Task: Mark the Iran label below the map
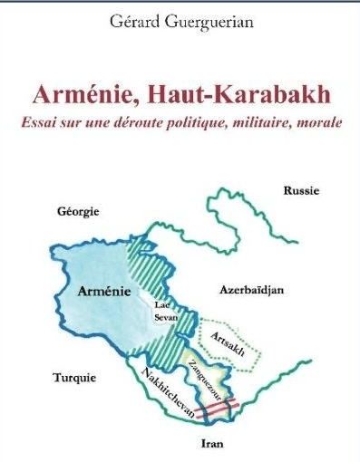click(x=211, y=445)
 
